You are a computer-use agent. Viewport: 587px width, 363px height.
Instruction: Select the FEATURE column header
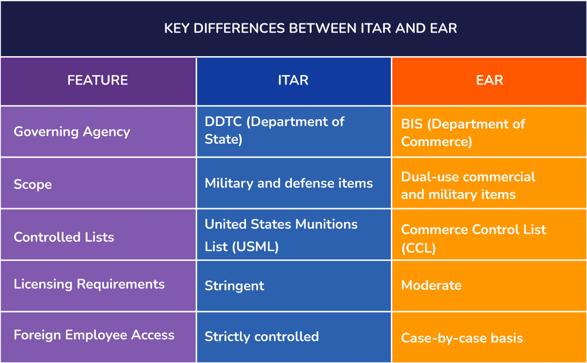[97, 80]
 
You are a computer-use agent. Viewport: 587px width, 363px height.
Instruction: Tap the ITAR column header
[293, 80]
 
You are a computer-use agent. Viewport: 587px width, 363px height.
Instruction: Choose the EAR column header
[489, 80]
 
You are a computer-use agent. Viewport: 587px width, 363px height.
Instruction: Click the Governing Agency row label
[72, 131]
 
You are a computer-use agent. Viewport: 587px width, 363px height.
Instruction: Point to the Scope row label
[33, 184]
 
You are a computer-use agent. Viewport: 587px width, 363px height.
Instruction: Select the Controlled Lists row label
[64, 237]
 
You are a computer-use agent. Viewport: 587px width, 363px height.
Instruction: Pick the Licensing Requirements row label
[89, 284]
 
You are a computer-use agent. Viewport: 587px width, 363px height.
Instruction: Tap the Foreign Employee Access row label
[94, 335]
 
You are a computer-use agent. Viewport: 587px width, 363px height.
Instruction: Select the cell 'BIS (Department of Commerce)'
[463, 133]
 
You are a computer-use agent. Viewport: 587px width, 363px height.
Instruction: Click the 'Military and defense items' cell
[289, 184]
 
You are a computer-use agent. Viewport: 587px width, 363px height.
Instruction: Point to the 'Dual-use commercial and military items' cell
[468, 185]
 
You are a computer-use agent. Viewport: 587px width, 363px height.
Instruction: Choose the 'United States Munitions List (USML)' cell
[281, 235]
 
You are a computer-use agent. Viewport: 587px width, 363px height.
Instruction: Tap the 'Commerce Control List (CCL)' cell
[473, 238]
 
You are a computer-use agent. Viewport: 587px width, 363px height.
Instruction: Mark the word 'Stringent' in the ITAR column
[234, 286]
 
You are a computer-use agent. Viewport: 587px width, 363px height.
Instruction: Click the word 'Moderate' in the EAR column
[431, 286]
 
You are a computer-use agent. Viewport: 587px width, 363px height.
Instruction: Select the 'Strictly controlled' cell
[262, 337]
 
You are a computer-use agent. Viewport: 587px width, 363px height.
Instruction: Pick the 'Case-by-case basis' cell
[461, 338]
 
